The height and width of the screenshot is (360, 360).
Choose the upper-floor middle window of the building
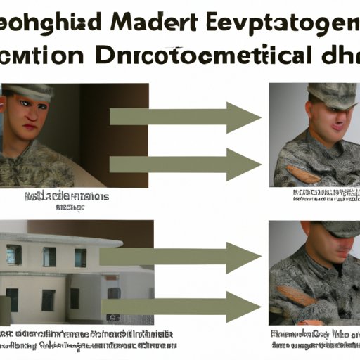(49, 257)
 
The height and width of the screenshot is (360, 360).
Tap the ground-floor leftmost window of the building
(12, 299)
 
